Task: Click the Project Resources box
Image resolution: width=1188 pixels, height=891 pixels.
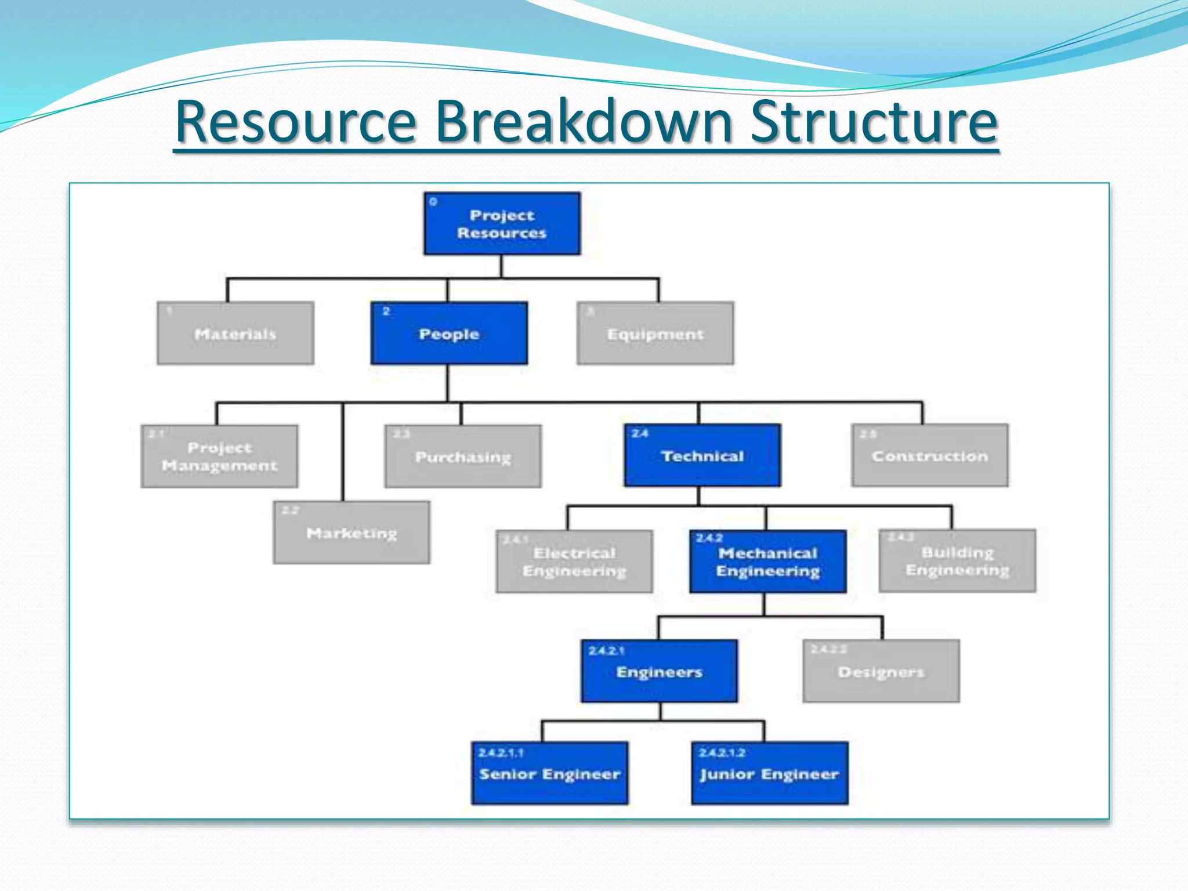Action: (502, 224)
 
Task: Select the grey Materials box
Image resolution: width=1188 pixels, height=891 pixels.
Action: (236, 334)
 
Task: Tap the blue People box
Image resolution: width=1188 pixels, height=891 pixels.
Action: (449, 334)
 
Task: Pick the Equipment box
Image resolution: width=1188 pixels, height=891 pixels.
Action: (655, 334)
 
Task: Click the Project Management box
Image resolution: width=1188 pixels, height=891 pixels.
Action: (219, 457)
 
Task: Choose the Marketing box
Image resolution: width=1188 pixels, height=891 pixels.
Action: (352, 533)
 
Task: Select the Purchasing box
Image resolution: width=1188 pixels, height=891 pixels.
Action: (463, 457)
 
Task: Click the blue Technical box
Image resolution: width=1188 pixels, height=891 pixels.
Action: (702, 456)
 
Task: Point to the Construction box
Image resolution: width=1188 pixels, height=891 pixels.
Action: (930, 456)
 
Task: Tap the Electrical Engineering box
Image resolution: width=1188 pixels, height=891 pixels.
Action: (574, 562)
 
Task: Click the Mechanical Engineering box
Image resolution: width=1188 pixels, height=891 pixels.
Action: (768, 562)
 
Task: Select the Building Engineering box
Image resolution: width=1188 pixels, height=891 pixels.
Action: (957, 561)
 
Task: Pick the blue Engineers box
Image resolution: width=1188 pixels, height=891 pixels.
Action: (660, 671)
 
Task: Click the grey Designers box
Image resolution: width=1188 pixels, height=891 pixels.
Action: (881, 671)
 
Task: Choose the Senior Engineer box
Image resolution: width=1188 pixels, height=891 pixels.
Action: (550, 773)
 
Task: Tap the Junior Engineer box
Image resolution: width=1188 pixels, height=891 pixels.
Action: (770, 773)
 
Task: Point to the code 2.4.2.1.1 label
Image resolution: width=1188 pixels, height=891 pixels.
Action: (501, 753)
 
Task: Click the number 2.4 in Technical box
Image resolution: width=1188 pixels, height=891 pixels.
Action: (640, 433)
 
